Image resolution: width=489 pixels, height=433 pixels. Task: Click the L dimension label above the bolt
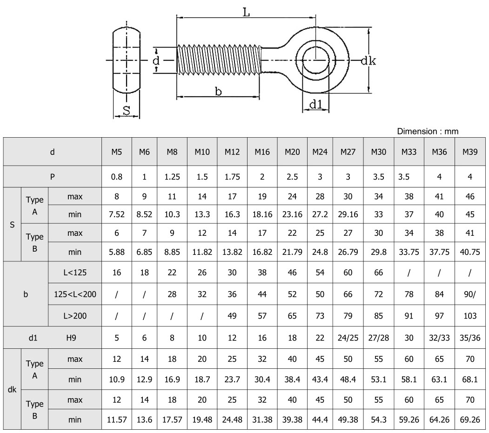coord(247,13)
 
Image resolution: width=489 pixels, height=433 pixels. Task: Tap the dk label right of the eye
coord(368,60)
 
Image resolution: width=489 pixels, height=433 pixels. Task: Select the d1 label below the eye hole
coord(315,105)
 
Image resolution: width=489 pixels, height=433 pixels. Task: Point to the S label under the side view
coord(126,110)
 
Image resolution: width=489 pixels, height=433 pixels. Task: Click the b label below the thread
coord(218,91)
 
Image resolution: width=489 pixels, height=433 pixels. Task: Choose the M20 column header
coord(292,152)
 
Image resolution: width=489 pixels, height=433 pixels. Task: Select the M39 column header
coord(469,152)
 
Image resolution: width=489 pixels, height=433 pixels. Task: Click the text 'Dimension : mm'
coord(428,131)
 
